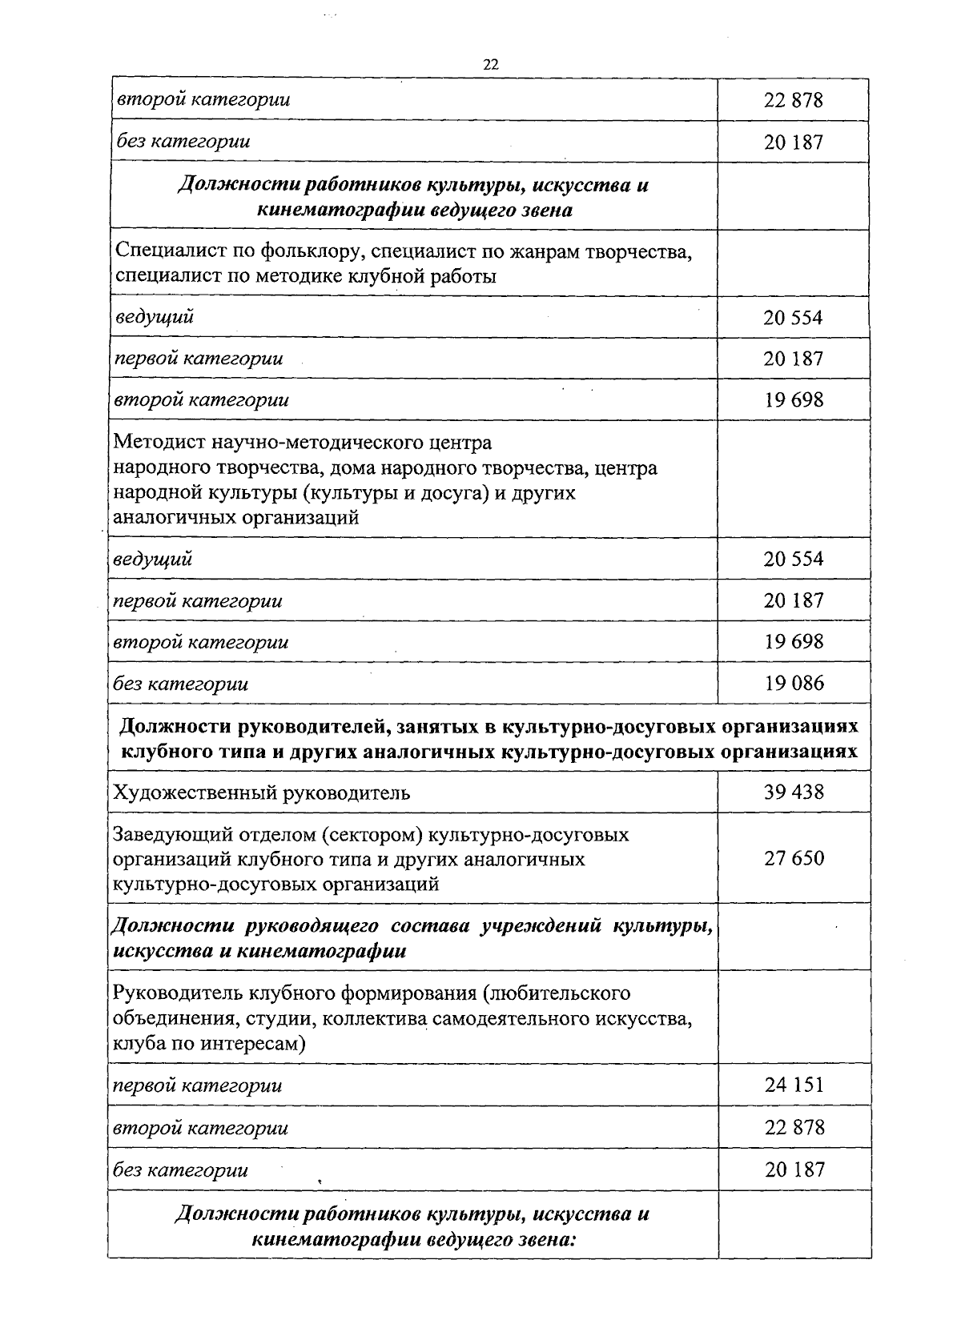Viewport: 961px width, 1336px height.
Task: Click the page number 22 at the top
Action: coord(491,66)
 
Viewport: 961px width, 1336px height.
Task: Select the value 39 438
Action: coord(793,792)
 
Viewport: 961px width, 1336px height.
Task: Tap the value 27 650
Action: coord(793,858)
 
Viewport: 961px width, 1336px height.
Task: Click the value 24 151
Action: coord(793,1085)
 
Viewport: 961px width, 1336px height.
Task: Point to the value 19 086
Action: coord(793,683)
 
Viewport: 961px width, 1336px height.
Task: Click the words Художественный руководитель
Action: coord(262,792)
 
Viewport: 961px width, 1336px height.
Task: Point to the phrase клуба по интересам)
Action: coord(210,1044)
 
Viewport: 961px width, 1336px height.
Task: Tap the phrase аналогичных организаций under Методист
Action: coord(235,517)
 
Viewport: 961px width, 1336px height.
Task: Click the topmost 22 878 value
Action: coord(793,100)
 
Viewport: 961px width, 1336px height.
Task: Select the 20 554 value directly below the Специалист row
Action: coord(793,318)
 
